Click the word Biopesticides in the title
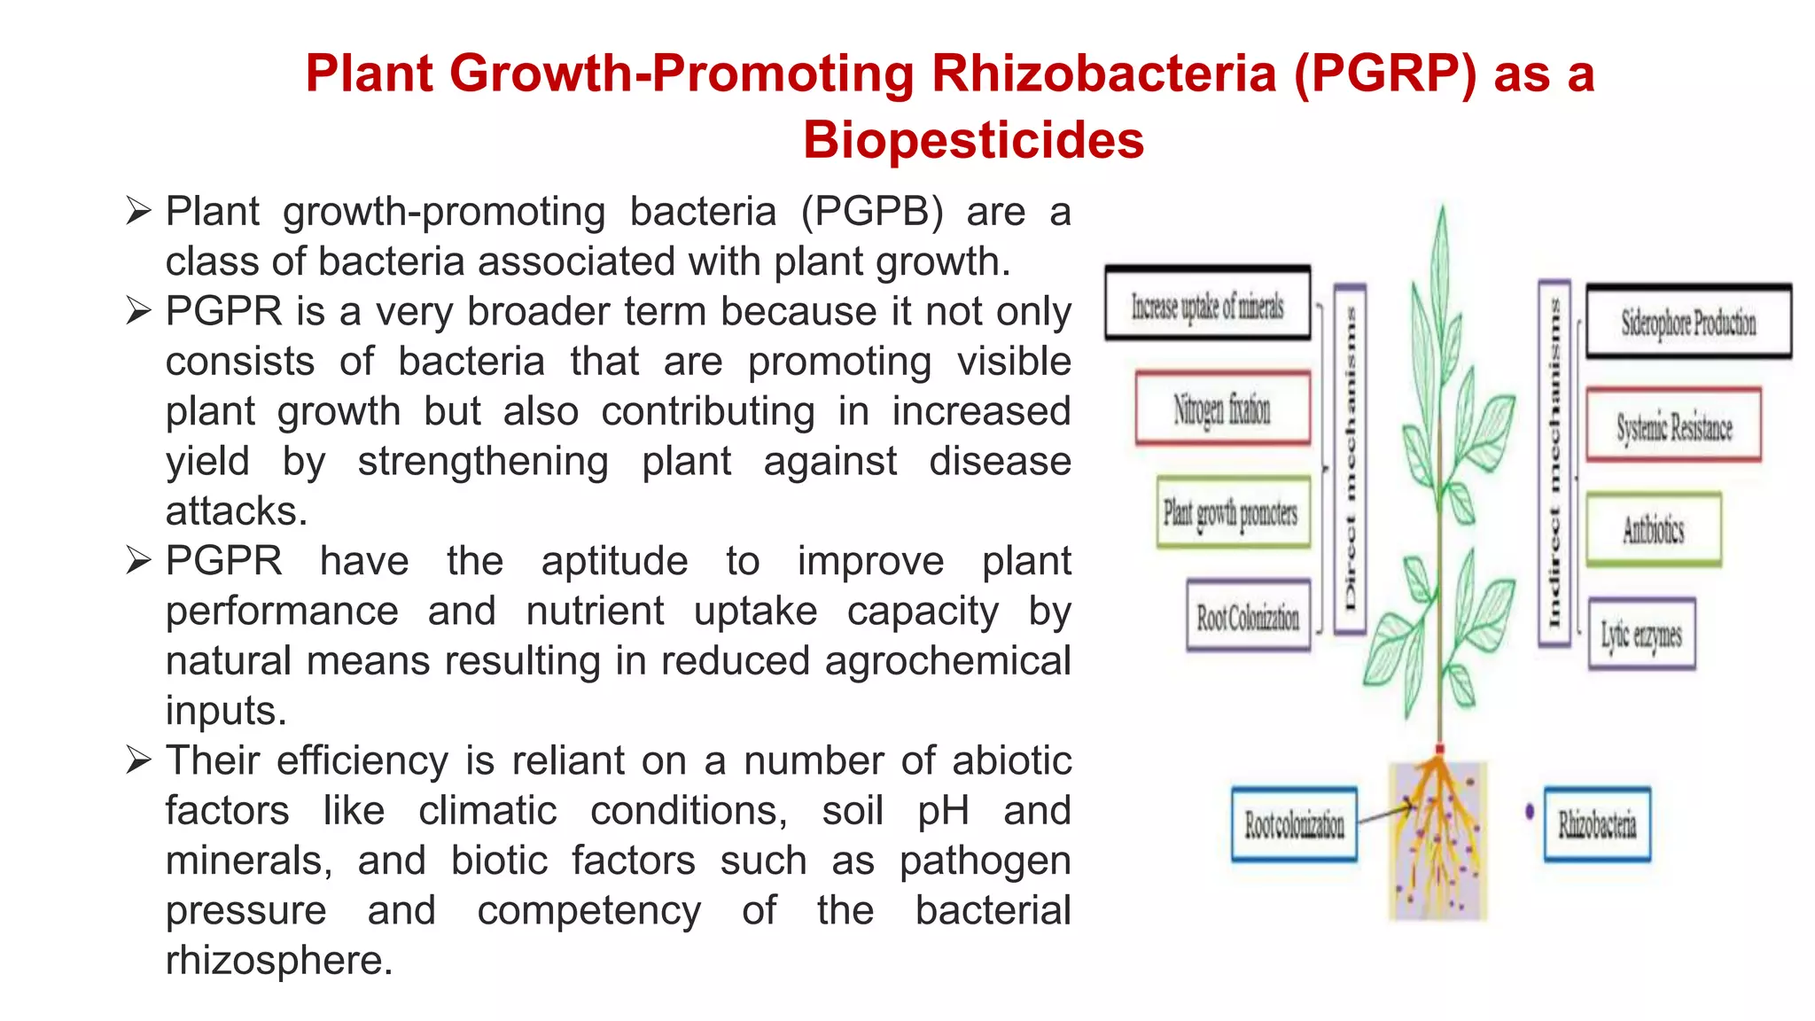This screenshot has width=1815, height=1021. click(x=973, y=140)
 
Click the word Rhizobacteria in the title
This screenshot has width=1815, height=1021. click(x=1105, y=73)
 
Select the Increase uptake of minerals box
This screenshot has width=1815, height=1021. click(x=1207, y=304)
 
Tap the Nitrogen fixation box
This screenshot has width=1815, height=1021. click(x=1222, y=409)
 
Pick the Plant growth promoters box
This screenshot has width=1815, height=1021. click(x=1232, y=513)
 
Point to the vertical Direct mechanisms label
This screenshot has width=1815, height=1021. click(x=1350, y=459)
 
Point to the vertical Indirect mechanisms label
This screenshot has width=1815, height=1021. click(x=1554, y=463)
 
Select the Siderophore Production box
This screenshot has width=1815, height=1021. click(x=1688, y=322)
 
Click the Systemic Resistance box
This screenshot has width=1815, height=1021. click(x=1673, y=425)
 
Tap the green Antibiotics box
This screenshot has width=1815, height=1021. click(x=1654, y=529)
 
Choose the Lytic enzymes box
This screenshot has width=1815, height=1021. click(x=1641, y=634)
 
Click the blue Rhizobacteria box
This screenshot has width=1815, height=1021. click(x=1597, y=823)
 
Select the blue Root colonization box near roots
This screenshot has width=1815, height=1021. click(x=1294, y=824)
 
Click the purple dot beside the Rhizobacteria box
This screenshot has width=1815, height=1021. click(x=1530, y=811)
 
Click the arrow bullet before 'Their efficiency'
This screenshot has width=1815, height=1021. click(x=139, y=760)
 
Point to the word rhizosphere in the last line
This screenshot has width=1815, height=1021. click(x=277, y=960)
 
